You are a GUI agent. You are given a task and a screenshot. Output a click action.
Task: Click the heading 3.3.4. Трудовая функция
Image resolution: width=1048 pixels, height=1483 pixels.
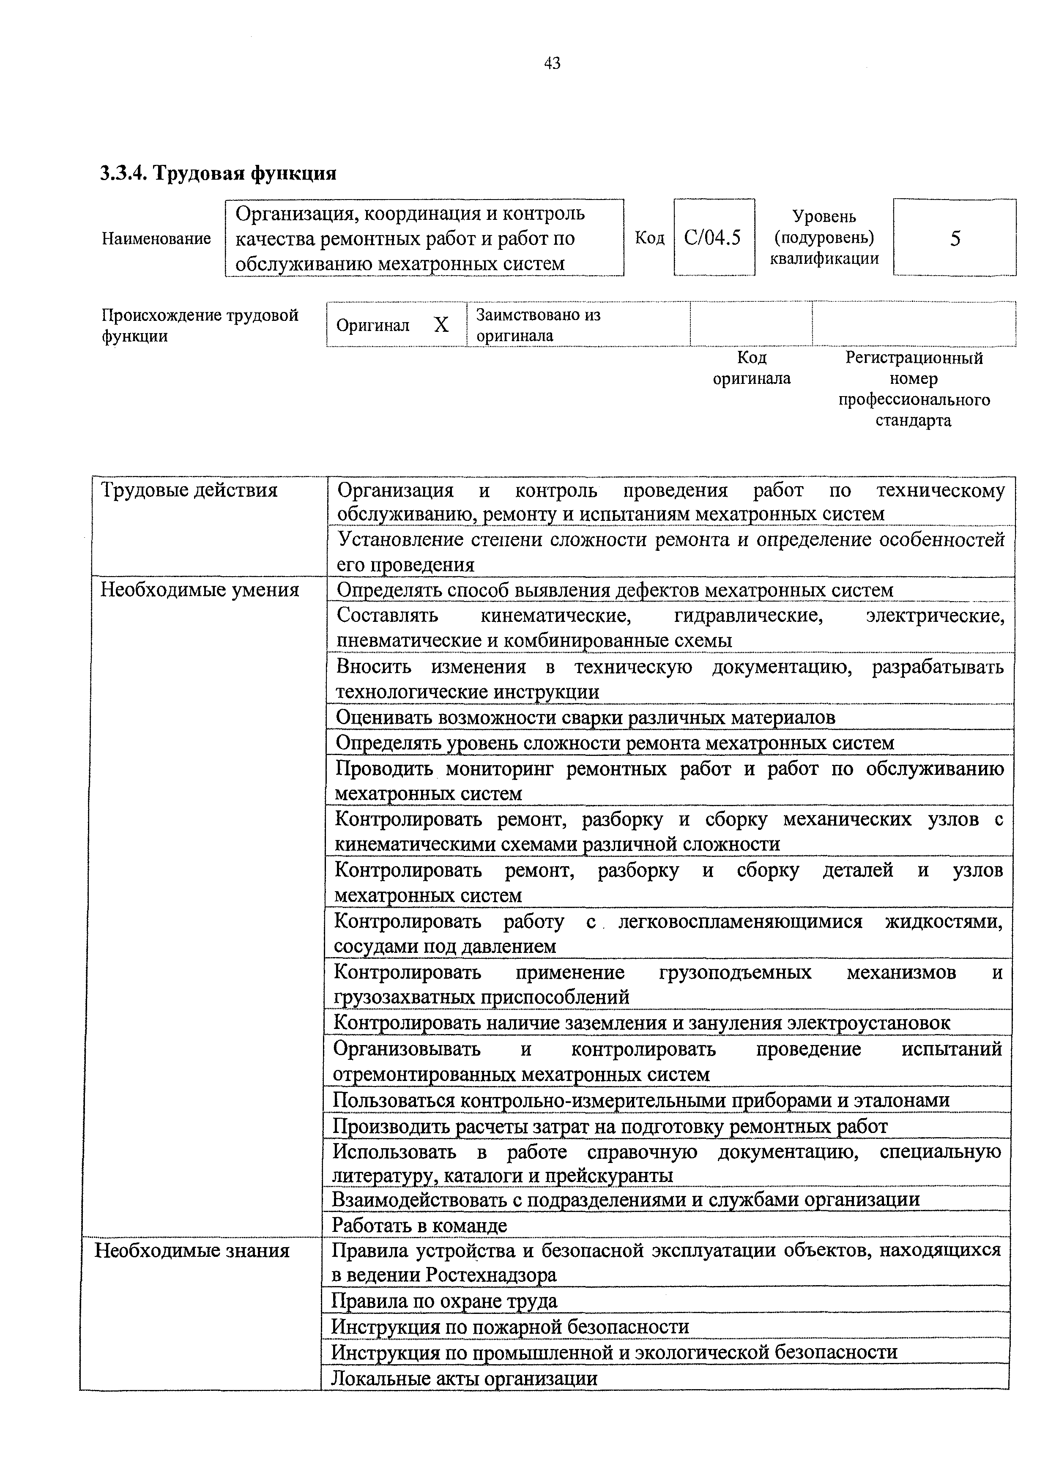(218, 173)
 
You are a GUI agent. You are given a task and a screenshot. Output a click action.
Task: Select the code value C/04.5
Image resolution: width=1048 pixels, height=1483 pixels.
(712, 238)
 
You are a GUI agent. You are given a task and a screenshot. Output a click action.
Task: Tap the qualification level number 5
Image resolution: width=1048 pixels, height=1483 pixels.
(955, 239)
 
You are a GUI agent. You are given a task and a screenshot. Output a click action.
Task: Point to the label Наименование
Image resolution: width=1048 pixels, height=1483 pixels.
(156, 238)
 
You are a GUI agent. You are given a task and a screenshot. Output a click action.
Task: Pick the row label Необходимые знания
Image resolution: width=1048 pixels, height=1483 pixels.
(192, 1250)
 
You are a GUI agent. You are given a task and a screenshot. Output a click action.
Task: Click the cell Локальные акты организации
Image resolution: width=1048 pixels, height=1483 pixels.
(464, 1378)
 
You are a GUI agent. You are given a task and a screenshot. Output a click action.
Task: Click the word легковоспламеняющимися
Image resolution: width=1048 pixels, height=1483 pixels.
(739, 922)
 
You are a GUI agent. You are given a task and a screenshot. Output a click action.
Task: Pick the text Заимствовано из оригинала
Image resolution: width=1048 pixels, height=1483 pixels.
(537, 325)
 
